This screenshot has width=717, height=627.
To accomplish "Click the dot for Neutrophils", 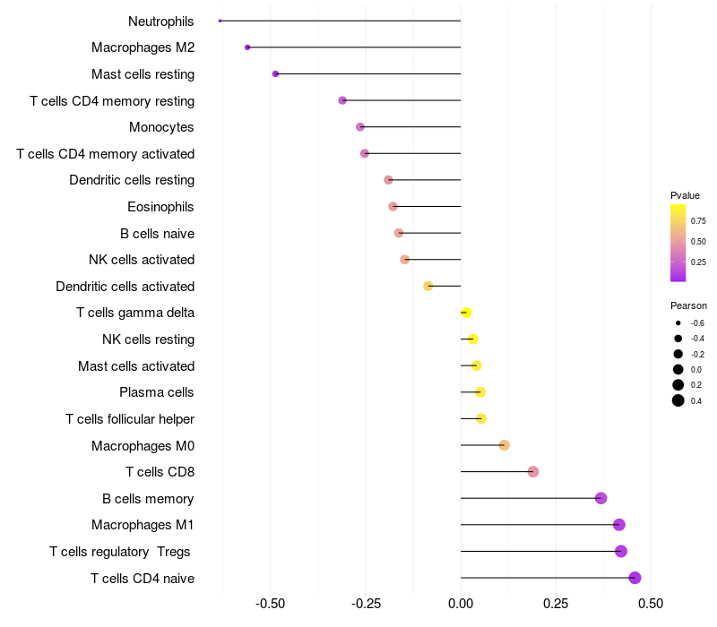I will click(x=220, y=21).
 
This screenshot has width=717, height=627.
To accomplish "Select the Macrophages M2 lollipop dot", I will click(x=247, y=47).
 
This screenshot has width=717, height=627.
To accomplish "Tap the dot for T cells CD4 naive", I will click(x=635, y=578).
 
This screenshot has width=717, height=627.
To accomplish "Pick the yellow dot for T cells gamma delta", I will click(x=465, y=313).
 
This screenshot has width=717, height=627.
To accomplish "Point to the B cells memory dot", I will click(x=600, y=498).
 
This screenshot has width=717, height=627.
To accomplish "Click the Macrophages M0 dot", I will click(x=504, y=445).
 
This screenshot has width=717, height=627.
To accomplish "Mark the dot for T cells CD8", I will click(x=533, y=472).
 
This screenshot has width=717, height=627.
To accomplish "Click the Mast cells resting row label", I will click(x=143, y=73).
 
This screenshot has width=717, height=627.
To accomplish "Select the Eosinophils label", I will click(x=160, y=207).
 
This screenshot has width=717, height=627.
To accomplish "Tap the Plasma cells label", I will click(x=157, y=392).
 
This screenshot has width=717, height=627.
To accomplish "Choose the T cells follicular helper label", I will click(x=130, y=419).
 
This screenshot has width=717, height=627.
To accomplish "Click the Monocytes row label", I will click(x=161, y=127).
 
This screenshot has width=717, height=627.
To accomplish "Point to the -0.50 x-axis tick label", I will click(x=271, y=604).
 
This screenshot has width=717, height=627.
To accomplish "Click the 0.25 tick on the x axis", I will click(x=556, y=604).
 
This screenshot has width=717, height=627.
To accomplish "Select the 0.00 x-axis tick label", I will click(x=461, y=604).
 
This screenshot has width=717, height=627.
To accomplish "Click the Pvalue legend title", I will click(x=685, y=195).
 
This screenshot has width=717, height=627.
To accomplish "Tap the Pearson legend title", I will click(x=688, y=305).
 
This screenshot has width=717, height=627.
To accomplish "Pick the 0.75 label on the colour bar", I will click(x=698, y=220).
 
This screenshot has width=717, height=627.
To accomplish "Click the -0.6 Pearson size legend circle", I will click(x=678, y=322).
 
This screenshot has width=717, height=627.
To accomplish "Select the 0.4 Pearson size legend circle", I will click(x=678, y=400).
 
